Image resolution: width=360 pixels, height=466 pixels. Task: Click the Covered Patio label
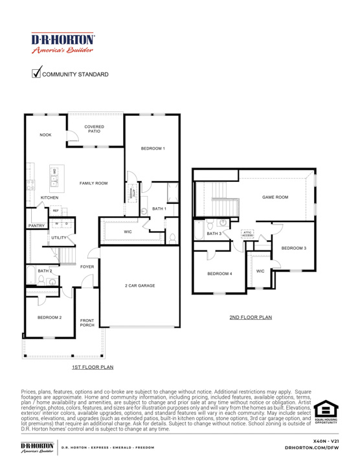click(94, 129)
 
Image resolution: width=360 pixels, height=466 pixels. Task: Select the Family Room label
click(93, 183)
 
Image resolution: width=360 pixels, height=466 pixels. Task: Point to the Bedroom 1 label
click(152, 149)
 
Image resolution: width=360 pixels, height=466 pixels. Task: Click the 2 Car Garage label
click(140, 285)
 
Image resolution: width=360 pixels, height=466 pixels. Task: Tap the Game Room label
click(275, 197)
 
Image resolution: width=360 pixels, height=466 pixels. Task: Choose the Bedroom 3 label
click(293, 248)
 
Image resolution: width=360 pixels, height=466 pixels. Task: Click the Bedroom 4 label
click(219, 274)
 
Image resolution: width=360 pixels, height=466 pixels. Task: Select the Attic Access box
click(247, 234)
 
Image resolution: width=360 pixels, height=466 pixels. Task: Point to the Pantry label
click(36, 226)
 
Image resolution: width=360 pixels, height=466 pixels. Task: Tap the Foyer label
click(87, 267)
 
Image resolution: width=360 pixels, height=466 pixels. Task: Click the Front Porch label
click(87, 322)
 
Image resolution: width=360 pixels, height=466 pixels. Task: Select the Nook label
click(45, 135)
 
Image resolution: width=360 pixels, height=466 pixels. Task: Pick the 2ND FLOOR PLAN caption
click(251, 318)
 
